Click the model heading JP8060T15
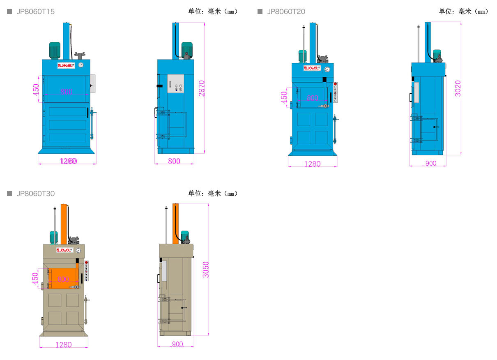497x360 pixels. pos(35,12)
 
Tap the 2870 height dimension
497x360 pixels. pos(202,88)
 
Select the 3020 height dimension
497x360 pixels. pos(458,88)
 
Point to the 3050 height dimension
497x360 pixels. pos(206,270)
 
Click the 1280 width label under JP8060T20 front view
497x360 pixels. pos(312,164)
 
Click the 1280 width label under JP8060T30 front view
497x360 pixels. pos(63,345)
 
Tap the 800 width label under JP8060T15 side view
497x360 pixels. pos(174,161)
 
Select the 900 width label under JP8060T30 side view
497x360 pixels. pos(177,344)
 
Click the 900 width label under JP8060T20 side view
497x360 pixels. pos(430,164)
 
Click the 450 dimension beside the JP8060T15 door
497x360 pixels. pos(36,90)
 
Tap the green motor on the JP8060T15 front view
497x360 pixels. pos(55,50)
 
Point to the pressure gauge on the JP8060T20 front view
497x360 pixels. pos(327,69)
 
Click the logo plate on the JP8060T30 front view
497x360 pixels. pos(65,250)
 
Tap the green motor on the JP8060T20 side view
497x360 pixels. pos(437,55)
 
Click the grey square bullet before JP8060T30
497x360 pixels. pos(9,194)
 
